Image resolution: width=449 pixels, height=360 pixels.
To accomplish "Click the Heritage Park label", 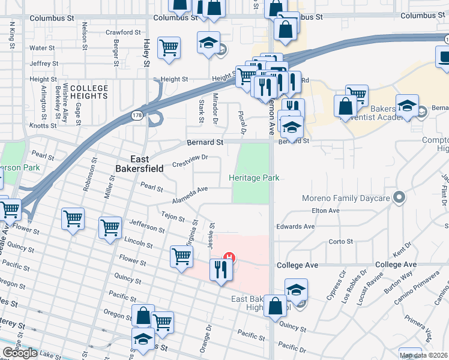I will (255, 178).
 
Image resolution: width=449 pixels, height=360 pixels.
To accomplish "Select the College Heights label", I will (89, 92).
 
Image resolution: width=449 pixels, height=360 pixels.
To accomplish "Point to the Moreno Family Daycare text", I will (347, 197).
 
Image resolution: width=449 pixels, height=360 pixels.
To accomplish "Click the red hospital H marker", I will (228, 259).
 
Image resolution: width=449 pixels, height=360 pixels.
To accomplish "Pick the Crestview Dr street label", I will (189, 161).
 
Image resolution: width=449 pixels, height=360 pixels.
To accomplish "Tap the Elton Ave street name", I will (326, 211).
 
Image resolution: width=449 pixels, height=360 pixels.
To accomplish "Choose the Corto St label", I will (340, 242).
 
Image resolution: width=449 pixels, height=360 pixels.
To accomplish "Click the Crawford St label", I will (122, 32).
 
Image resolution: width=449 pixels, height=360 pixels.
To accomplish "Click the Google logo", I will (20, 353).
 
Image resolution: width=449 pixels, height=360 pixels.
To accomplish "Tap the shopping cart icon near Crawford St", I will (169, 47).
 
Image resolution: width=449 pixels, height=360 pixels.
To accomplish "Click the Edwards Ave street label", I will (295, 227).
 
